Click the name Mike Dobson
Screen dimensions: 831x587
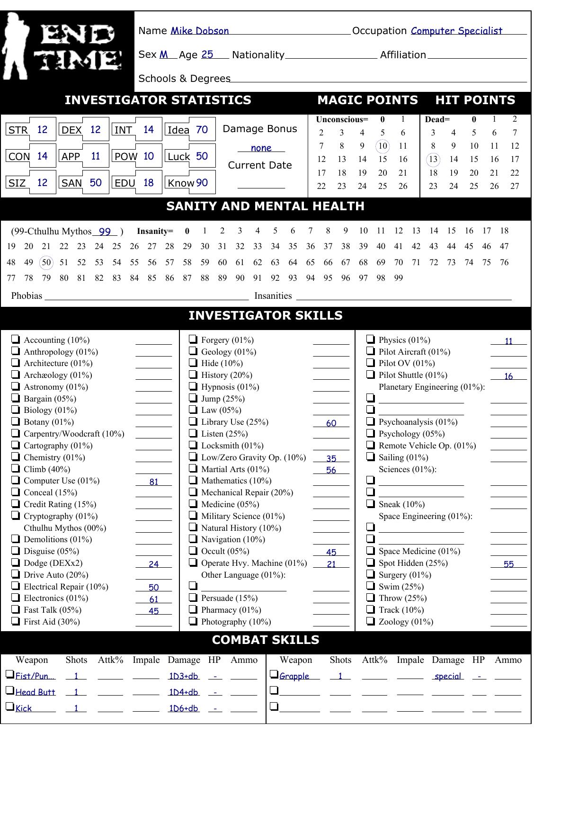click(x=199, y=31)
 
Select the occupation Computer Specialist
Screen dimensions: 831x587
click(x=456, y=31)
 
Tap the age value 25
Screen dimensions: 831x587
click(x=207, y=55)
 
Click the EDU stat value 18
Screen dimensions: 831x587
click(x=148, y=183)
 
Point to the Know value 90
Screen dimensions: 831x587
click(x=202, y=183)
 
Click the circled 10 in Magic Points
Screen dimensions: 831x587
click(x=382, y=146)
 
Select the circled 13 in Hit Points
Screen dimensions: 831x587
click(x=433, y=160)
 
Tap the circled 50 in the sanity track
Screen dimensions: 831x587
click(x=46, y=262)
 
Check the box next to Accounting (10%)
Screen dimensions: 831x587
click(x=16, y=339)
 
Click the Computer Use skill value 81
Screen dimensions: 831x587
click(x=154, y=482)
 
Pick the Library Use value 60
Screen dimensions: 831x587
click(x=331, y=423)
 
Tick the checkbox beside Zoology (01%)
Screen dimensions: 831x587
click(x=371, y=621)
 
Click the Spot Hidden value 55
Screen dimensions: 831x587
click(x=508, y=564)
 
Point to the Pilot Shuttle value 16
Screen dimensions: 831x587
click(x=508, y=376)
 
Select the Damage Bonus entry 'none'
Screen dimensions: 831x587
click(x=261, y=148)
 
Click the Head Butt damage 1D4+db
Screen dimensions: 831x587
click(x=184, y=692)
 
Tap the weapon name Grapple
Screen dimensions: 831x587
click(x=294, y=676)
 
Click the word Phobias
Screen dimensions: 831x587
click(x=27, y=296)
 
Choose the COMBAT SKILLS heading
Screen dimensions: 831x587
click(x=266, y=640)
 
